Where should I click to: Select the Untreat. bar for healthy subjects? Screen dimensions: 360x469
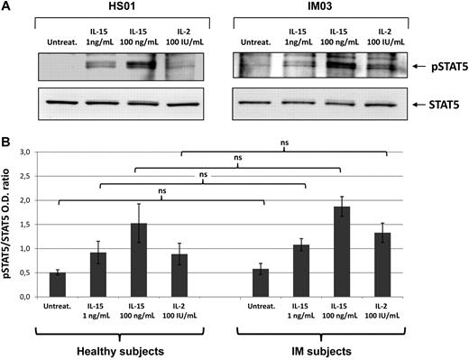57,284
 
